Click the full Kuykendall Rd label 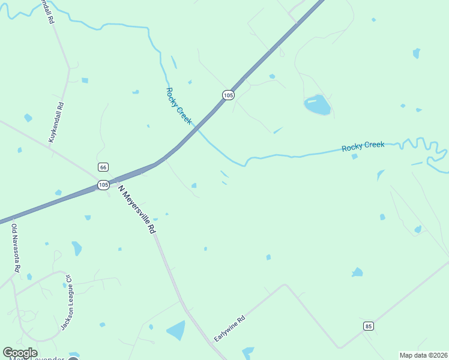pos(56,122)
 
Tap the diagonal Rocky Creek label pos(179,106)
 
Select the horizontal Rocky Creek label pos(363,146)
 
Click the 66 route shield pos(103,167)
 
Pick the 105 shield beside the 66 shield pos(103,185)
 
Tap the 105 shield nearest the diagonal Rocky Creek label pos(228,95)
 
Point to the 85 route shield pos(369,326)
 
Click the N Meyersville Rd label pos(137,209)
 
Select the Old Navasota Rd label pos(15,248)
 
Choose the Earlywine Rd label pos(230,329)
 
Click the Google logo pos(20,353)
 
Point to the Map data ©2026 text pos(423,355)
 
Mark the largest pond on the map pos(317,104)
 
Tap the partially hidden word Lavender pos(42,358)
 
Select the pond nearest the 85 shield pos(357,273)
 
